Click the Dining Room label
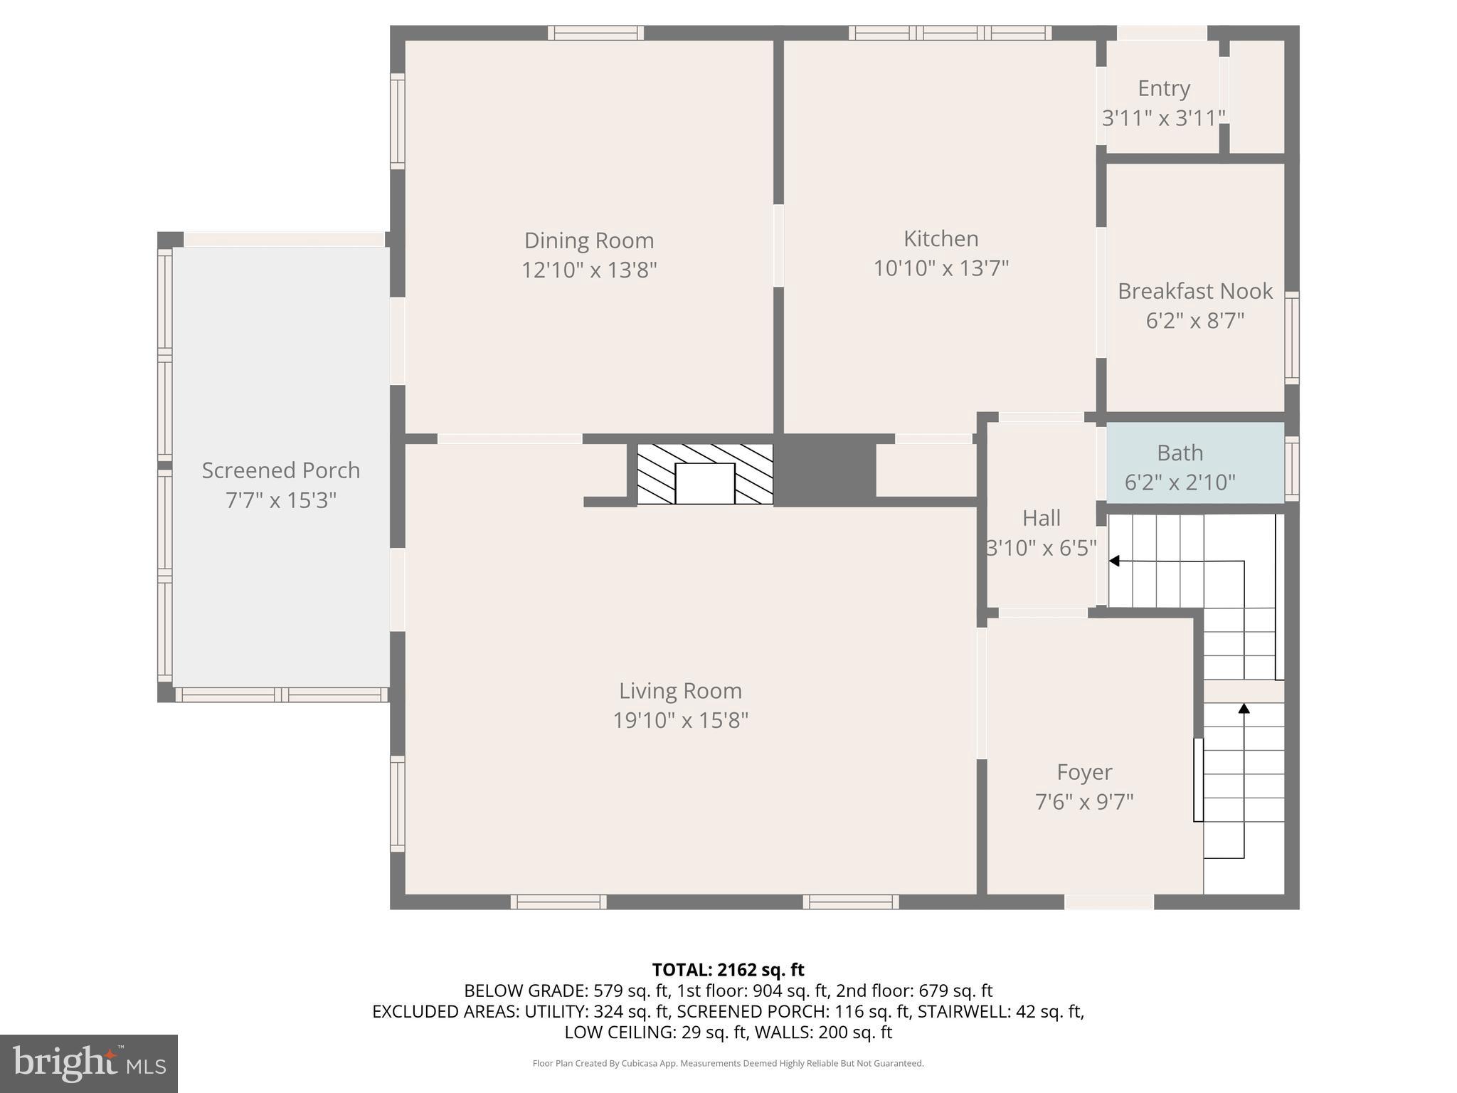pyautogui.click(x=588, y=241)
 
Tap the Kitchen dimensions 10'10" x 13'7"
pyautogui.click(x=941, y=268)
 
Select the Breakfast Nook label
pyautogui.click(x=1194, y=291)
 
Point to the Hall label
pyautogui.click(x=1041, y=518)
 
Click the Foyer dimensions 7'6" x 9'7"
pyautogui.click(x=1084, y=802)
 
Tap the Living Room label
pyautogui.click(x=680, y=691)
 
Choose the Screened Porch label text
pyautogui.click(x=280, y=470)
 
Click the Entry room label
pyautogui.click(x=1163, y=88)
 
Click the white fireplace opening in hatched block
pyautogui.click(x=704, y=483)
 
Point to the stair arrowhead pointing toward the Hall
pyautogui.click(x=1114, y=561)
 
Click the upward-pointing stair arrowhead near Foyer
pyautogui.click(x=1244, y=708)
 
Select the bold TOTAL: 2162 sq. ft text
pyautogui.click(x=728, y=970)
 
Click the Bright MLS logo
pyautogui.click(x=88, y=1063)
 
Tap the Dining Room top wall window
pyautogui.click(x=595, y=33)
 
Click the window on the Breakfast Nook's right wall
pyautogui.click(x=1291, y=338)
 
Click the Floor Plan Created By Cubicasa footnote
pyautogui.click(x=728, y=1063)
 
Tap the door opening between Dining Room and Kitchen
pyautogui.click(x=778, y=246)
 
